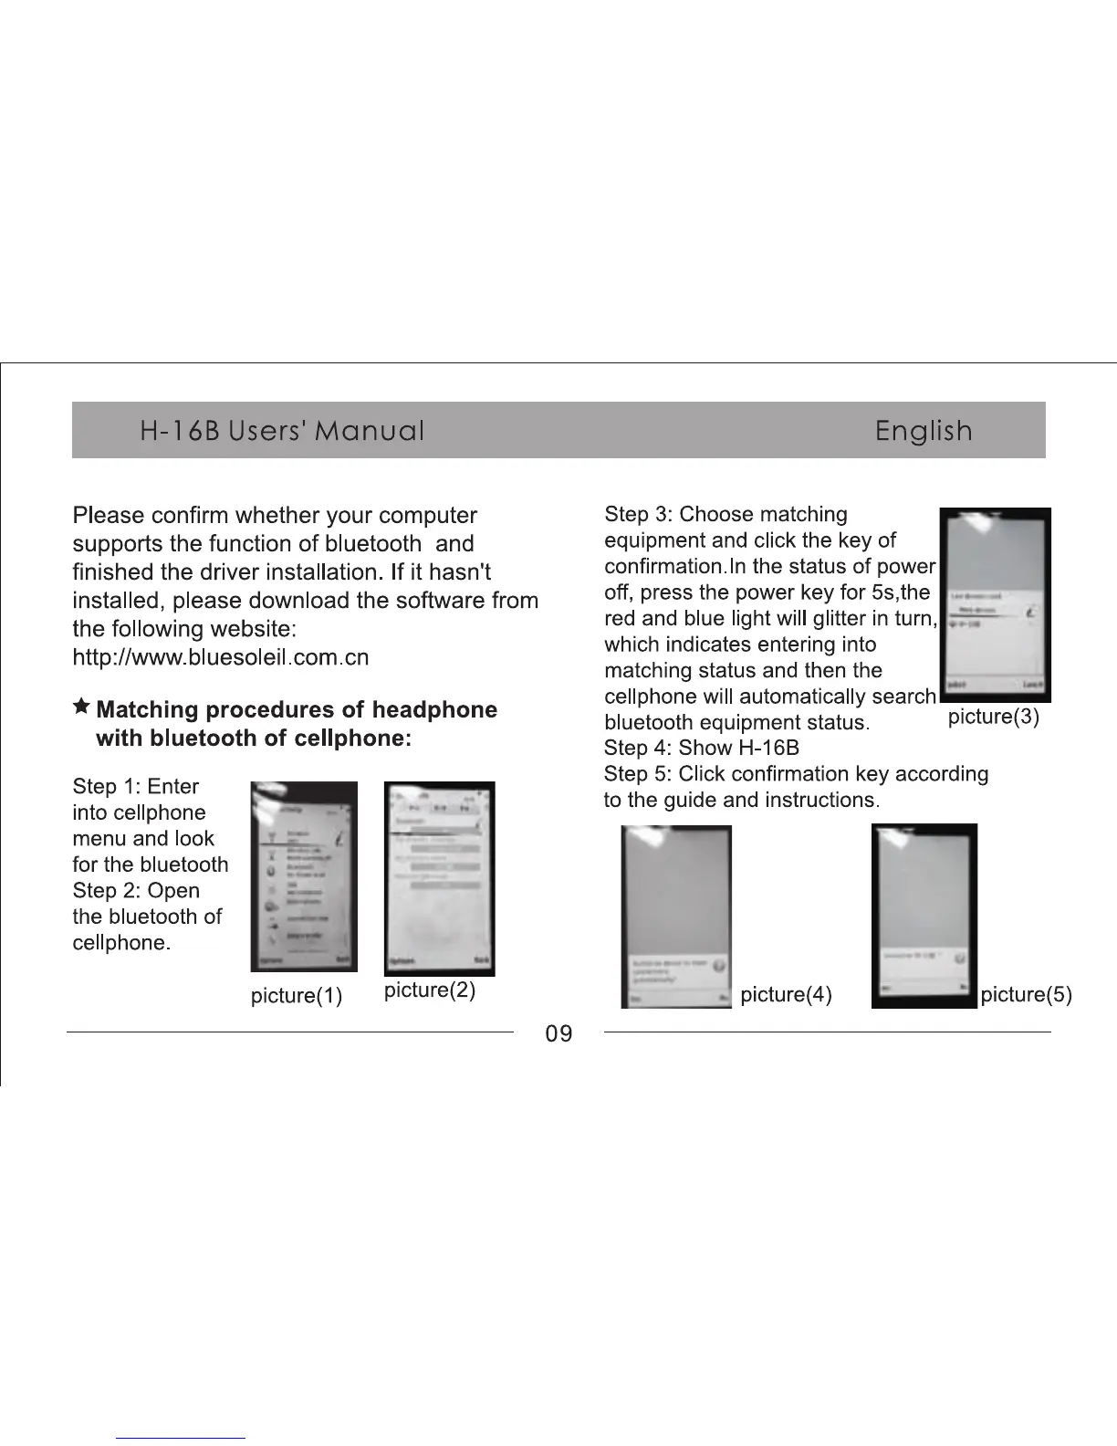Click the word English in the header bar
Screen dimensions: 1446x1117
coord(923,430)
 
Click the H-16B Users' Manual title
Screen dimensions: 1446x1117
coord(282,430)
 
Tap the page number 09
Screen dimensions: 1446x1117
coord(558,1033)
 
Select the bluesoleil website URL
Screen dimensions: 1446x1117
coord(220,657)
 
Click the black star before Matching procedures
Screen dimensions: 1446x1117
coord(81,707)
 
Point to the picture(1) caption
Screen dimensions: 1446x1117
coord(297,995)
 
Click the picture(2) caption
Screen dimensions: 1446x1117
coord(430,990)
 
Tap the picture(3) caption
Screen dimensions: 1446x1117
coord(994,717)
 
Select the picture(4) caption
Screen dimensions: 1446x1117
coord(786,994)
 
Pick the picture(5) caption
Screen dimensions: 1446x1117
coord(1026,994)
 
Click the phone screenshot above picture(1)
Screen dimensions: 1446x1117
coord(304,876)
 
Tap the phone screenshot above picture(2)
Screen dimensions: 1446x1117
coord(440,878)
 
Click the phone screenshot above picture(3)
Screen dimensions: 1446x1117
coord(995,604)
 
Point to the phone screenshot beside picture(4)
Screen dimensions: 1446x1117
coord(676,917)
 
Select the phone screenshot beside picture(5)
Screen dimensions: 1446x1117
coord(924,916)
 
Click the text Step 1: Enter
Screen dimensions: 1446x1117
coord(135,787)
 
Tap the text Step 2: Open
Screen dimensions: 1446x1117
coord(136,891)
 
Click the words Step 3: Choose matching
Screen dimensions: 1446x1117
coord(726,515)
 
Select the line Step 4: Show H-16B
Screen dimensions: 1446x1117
coord(701,749)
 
